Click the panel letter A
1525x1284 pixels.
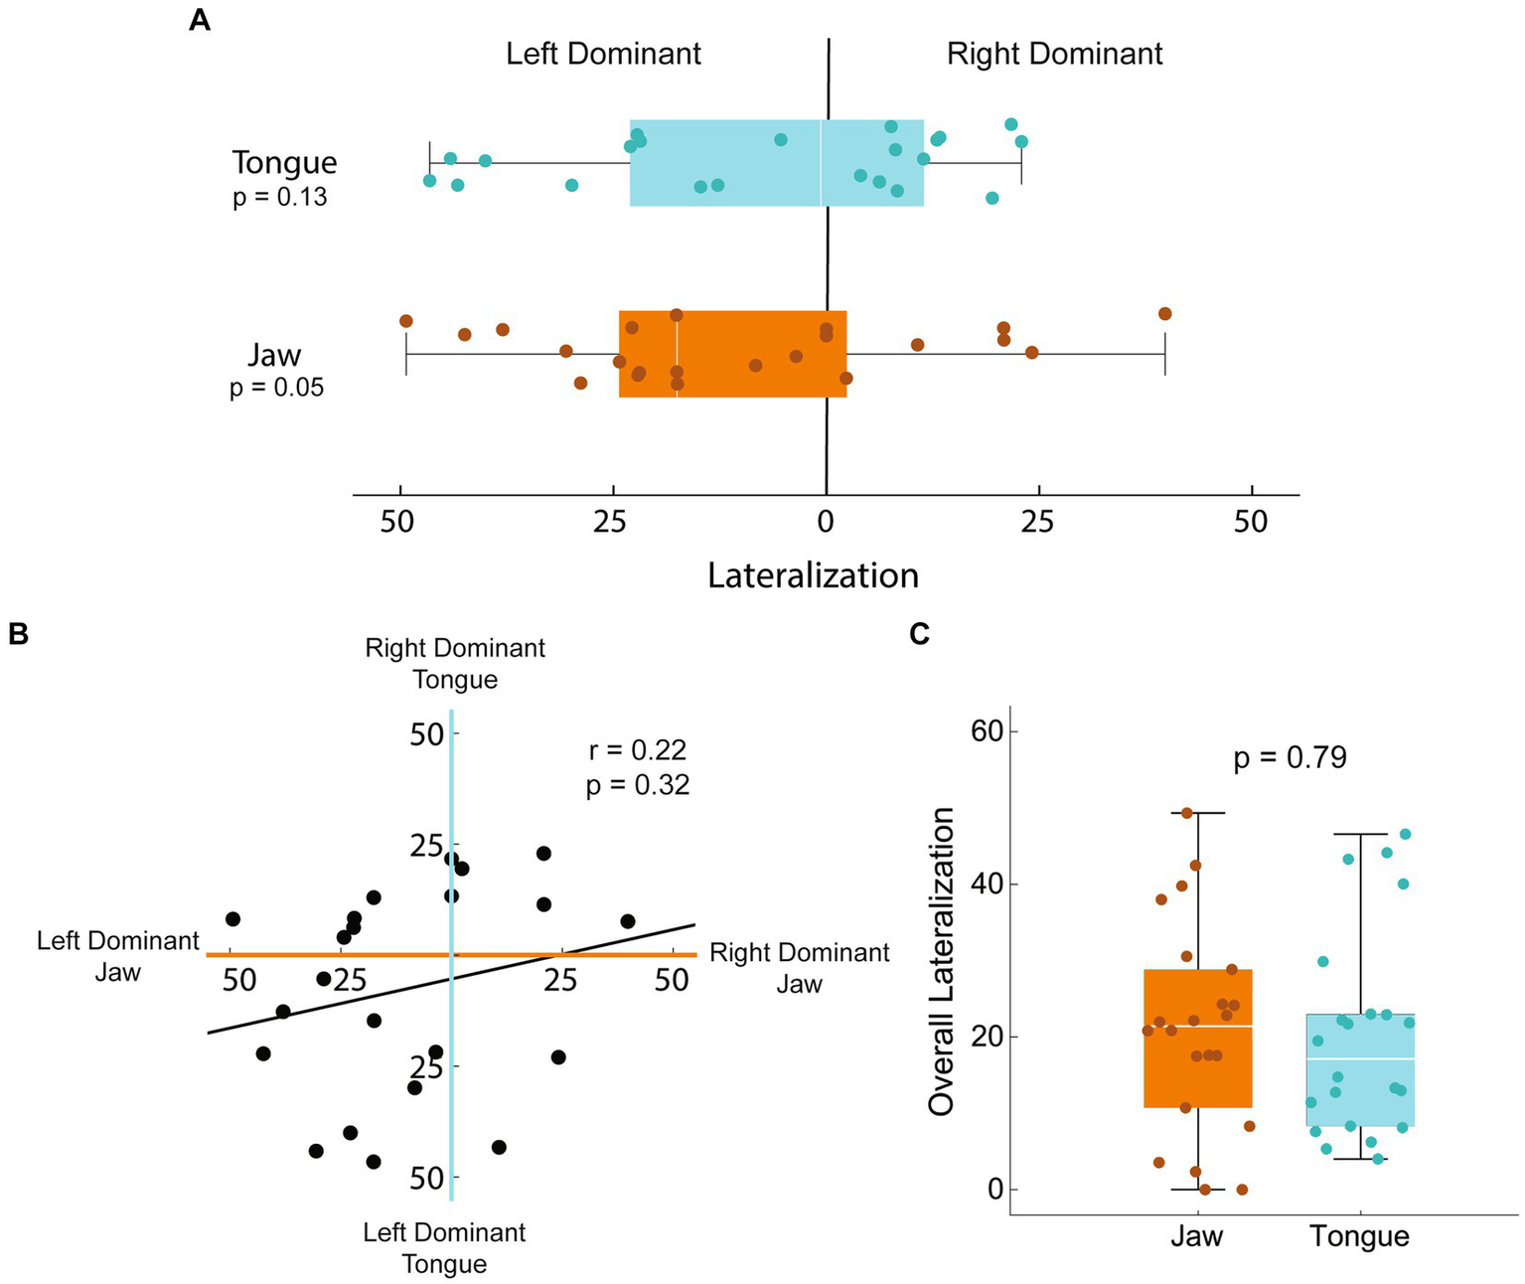(200, 20)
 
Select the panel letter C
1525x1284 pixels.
(920, 633)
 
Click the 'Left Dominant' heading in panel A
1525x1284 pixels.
(603, 54)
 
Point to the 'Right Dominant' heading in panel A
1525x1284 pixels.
(1054, 54)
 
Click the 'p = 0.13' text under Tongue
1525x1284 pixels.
(279, 198)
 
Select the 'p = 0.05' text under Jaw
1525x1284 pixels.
(276, 388)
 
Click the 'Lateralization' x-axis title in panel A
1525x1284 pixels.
(813, 575)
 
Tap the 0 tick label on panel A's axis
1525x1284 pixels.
(826, 522)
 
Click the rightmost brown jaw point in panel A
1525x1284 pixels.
(1164, 314)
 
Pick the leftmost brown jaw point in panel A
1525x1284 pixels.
(405, 320)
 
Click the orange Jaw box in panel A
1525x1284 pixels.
(732, 354)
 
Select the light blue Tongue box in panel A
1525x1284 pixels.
(776, 163)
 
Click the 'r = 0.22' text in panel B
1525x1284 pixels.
(637, 749)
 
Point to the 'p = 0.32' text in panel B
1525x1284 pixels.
(637, 785)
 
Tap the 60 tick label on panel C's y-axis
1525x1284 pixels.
(988, 731)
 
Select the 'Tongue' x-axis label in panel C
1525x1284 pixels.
(1359, 1236)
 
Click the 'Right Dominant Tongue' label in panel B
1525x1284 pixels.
(455, 664)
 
